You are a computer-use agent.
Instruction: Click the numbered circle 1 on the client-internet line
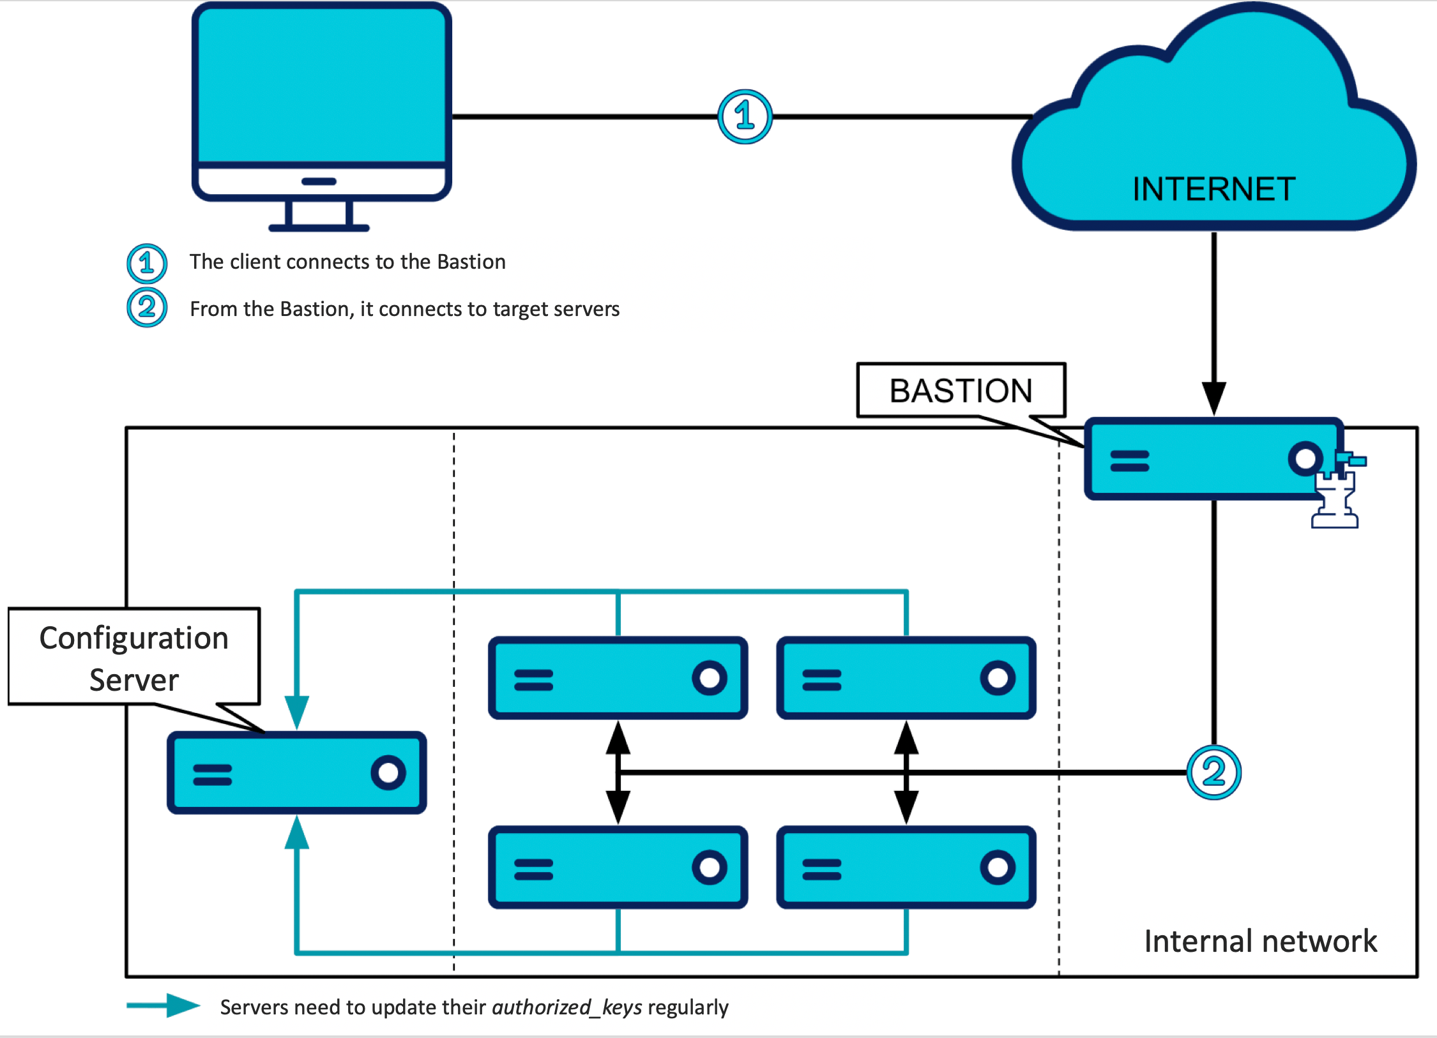pyautogui.click(x=745, y=117)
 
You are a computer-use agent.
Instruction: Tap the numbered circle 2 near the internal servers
pyautogui.click(x=1213, y=772)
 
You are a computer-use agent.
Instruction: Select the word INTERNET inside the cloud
pyautogui.click(x=1213, y=189)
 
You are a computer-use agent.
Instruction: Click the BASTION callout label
pyautogui.click(x=961, y=391)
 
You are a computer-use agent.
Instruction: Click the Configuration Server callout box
pyautogui.click(x=134, y=658)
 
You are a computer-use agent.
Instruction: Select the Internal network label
pyautogui.click(x=1260, y=941)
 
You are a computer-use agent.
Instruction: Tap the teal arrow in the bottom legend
pyautogui.click(x=164, y=1005)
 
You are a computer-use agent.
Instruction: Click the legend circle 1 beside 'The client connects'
pyautogui.click(x=147, y=263)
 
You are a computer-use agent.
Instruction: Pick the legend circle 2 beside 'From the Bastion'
pyautogui.click(x=147, y=308)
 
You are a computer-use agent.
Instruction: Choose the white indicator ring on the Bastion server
pyautogui.click(x=1305, y=458)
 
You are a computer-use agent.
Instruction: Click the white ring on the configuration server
pyautogui.click(x=388, y=773)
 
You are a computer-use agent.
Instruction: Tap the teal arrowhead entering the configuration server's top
pyautogui.click(x=297, y=711)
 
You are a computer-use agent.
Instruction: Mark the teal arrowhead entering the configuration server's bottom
pyautogui.click(x=297, y=833)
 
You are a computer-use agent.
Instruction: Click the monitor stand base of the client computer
pyautogui.click(x=319, y=227)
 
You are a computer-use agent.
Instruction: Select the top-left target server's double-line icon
pyautogui.click(x=533, y=680)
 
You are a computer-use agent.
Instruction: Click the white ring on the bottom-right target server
pyautogui.click(x=998, y=868)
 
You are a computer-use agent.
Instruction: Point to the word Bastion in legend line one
pyautogui.click(x=471, y=262)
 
